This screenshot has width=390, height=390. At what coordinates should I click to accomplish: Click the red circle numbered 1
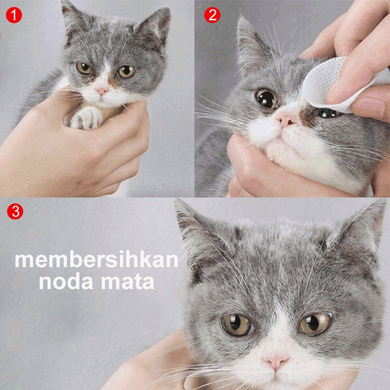coord(14,16)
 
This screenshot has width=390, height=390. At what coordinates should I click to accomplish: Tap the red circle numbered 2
coord(212,16)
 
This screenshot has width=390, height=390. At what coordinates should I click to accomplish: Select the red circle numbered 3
coord(15,212)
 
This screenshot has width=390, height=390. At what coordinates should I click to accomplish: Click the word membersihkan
coord(97,260)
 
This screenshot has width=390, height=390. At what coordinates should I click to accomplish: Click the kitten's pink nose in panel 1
coord(102,91)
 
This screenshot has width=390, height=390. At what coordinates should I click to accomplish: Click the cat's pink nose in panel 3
coord(275,361)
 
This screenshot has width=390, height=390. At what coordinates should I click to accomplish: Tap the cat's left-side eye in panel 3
coord(237,324)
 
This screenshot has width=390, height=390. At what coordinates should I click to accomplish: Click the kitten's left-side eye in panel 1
coord(84,68)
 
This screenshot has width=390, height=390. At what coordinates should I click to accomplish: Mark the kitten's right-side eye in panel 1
coord(126,71)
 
